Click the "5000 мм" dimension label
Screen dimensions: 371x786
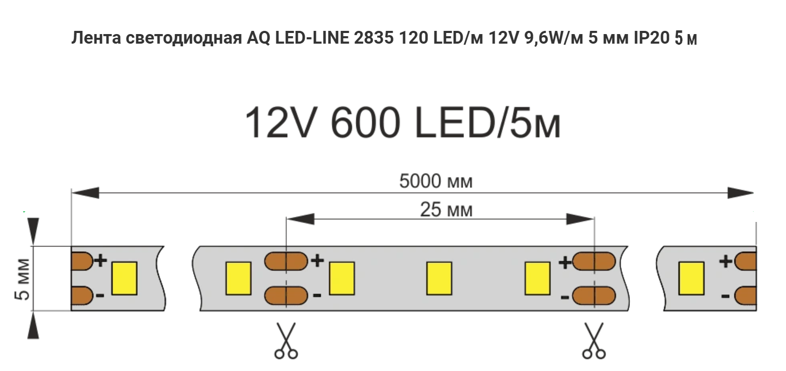pyautogui.click(x=436, y=182)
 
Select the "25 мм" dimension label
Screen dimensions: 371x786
pyautogui.click(x=446, y=211)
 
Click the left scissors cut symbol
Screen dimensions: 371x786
pyautogui.click(x=286, y=340)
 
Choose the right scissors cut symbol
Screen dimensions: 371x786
pyautogui.click(x=593, y=340)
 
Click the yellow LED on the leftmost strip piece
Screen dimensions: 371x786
pyautogui.click(x=124, y=278)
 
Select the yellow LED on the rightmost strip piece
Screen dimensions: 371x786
pyautogui.click(x=691, y=278)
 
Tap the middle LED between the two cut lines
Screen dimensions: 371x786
pyautogui.click(x=439, y=278)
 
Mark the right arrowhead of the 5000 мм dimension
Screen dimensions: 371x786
pyautogui.click(x=741, y=192)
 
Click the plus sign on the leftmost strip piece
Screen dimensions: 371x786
pyautogui.click(x=101, y=260)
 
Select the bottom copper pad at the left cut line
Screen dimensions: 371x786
pyautogui.click(x=286, y=295)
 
